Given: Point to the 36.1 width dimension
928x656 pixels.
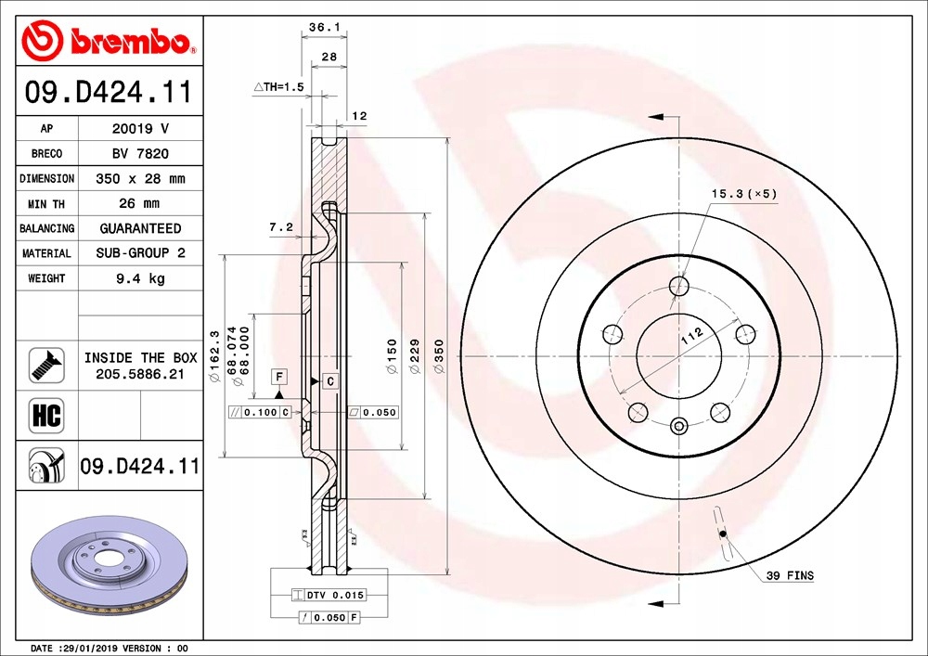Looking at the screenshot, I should pos(322,29).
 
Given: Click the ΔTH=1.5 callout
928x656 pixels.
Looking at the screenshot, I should pos(279,86).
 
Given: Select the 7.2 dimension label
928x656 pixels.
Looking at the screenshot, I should pos(280,226).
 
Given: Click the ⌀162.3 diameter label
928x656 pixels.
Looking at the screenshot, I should pos(214,356).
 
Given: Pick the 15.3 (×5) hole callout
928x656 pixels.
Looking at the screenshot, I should pos(742,194).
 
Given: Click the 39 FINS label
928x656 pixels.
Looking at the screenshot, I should pos(790,576).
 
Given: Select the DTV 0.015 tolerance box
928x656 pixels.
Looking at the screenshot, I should pos(329,595).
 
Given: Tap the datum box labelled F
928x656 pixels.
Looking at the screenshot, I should pos(278,376).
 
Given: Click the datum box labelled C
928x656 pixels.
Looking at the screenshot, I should pos(329,380).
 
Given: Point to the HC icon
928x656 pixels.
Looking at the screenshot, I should pos(46,416).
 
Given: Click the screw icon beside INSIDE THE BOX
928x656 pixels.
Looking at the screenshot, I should pos(45,366).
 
